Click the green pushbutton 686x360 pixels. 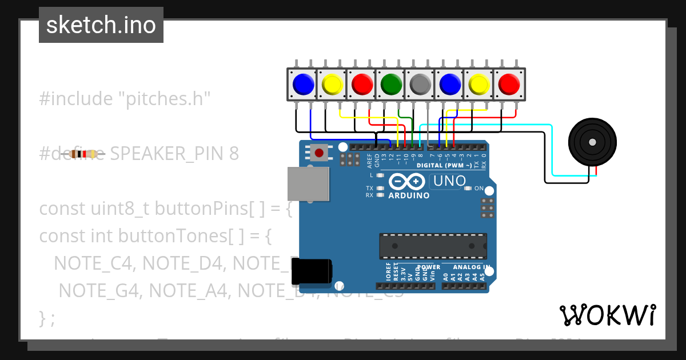[x=391, y=85]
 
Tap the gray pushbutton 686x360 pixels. [x=420, y=85]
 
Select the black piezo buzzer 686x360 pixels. [x=593, y=142]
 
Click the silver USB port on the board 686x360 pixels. [x=308, y=185]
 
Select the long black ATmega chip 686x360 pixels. [x=433, y=246]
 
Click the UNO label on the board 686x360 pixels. [x=450, y=181]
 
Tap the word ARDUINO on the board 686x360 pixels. [x=409, y=195]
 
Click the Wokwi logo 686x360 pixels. [x=607, y=315]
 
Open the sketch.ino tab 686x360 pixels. [x=101, y=25]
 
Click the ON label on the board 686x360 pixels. [x=479, y=189]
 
